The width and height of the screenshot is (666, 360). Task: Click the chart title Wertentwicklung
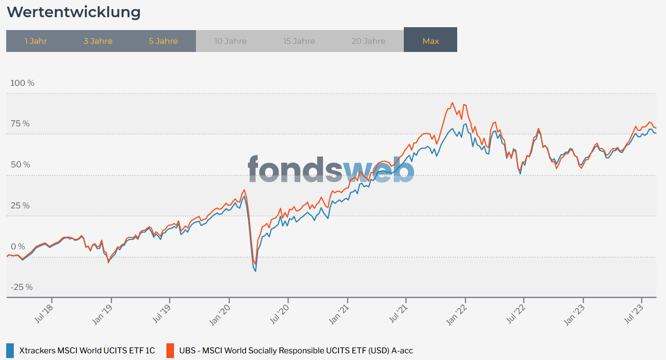point(73,12)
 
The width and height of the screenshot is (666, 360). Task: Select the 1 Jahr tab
point(36,41)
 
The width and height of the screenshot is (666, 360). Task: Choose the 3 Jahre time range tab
point(98,41)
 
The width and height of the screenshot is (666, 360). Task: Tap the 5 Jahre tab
point(163,41)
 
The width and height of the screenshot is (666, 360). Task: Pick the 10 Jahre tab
point(230,41)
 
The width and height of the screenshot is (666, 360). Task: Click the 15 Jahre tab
point(299,41)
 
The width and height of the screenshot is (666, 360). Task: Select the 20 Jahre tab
point(368,41)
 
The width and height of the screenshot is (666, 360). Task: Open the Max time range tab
point(430,41)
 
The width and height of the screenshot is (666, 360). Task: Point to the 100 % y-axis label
point(22,83)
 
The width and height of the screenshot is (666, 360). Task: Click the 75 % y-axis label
point(20,124)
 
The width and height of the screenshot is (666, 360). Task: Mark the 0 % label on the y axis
point(18,247)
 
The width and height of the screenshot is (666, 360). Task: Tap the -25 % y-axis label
point(22,287)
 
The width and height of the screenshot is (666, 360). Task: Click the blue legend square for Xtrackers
point(10,350)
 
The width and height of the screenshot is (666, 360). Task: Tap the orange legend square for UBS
point(170,350)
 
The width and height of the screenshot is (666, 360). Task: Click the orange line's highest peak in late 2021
point(452,103)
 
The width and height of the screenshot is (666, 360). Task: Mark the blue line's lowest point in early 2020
point(256,271)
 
